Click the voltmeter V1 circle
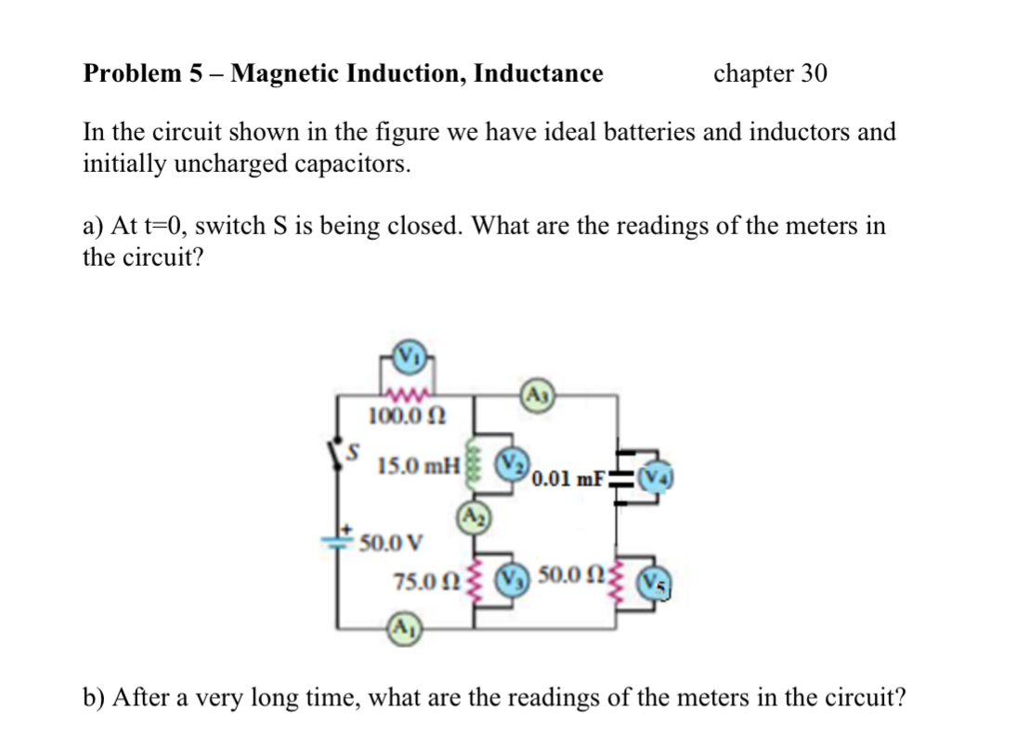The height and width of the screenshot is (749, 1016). point(409,356)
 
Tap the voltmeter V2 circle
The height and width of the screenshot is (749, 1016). point(513,462)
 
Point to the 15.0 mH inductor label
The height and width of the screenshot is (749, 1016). point(419,465)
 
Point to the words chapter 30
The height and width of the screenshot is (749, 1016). point(770,73)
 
